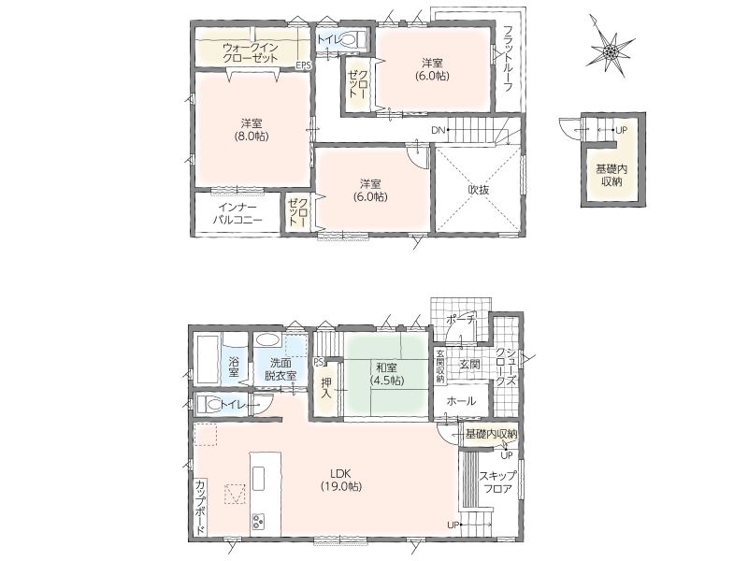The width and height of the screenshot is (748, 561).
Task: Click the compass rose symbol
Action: coord(610,50)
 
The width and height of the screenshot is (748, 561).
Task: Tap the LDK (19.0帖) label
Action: coord(341,480)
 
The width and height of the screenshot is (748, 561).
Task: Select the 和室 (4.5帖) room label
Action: coord(387,374)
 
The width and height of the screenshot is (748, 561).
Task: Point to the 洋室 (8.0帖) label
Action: coord(251,129)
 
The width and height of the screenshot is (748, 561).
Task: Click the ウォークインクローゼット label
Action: coord(251,53)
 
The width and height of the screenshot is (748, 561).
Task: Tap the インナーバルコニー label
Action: coord(237,214)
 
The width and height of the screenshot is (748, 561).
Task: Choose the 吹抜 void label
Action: coord(478,190)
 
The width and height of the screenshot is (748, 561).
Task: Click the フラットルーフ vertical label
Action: coord(508,58)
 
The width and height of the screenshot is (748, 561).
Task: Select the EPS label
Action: coord(303,65)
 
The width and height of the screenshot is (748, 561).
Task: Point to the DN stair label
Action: coord(439,130)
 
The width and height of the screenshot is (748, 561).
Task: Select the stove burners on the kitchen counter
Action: coord(259,521)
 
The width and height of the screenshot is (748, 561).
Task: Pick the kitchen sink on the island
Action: coord(259,478)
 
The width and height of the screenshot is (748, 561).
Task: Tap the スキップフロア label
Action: coord(497,482)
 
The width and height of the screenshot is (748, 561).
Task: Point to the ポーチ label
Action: coord(461,320)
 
